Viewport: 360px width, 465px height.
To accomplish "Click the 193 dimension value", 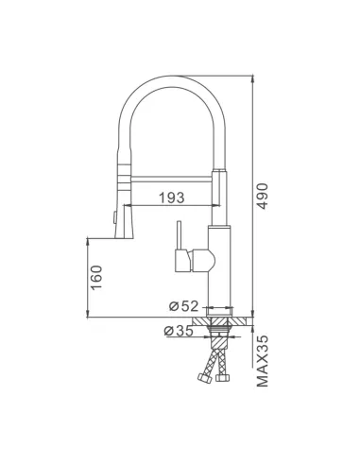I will point(171,198).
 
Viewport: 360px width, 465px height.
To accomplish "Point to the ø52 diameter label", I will point(182,307).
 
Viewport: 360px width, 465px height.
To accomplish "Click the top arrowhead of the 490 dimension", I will point(256,77).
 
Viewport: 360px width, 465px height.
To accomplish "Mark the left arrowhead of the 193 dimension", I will point(124,205).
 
